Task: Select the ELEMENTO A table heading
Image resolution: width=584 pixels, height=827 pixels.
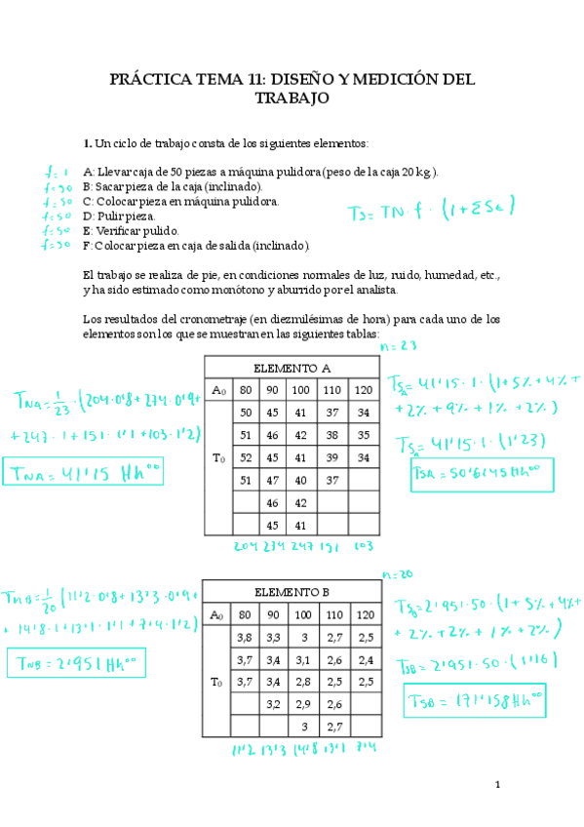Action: click(x=292, y=369)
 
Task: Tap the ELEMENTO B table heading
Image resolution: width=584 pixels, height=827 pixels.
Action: click(x=292, y=591)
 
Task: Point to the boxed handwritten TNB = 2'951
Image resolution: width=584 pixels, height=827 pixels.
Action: click(x=74, y=664)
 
